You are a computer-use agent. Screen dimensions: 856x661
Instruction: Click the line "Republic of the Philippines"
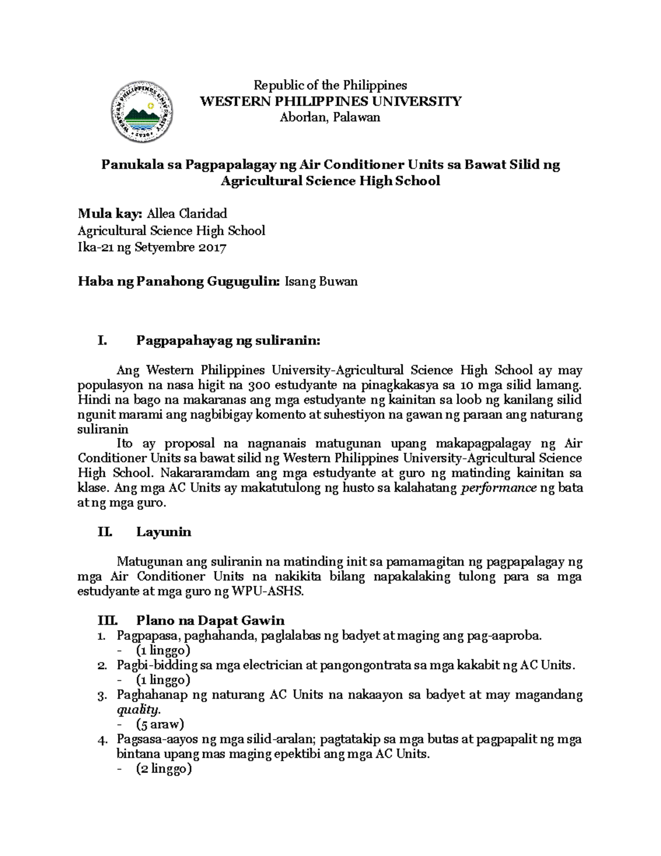[x=329, y=85]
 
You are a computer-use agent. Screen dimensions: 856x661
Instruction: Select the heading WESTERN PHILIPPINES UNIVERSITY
[x=330, y=101]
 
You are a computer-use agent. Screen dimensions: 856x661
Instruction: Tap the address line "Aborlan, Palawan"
[x=330, y=117]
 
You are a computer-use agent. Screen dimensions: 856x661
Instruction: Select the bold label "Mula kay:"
[x=110, y=213]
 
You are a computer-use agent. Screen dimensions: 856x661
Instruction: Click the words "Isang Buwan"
[x=321, y=282]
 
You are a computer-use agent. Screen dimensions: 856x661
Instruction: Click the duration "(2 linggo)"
[x=164, y=769]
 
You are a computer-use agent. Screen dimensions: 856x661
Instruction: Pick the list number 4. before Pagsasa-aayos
[x=101, y=740]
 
